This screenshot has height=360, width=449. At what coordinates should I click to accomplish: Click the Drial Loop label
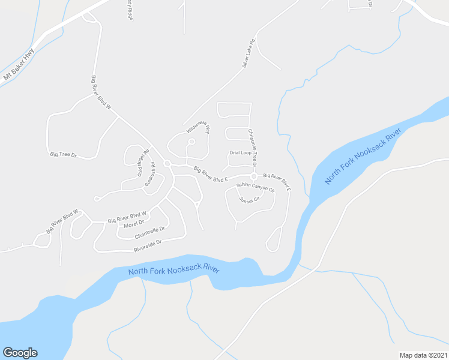tap(240, 153)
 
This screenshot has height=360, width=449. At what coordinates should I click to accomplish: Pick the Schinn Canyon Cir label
tap(255, 187)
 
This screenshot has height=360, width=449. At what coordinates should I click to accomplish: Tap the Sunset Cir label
tap(249, 199)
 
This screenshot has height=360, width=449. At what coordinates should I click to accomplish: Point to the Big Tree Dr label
tap(64, 155)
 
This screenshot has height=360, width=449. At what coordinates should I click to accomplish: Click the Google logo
tap(20, 353)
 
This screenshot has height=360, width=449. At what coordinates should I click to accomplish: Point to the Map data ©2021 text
tap(423, 355)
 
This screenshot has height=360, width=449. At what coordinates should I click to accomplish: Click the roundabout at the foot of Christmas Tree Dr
tap(254, 176)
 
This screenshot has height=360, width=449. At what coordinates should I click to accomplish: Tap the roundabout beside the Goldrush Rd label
tap(167, 164)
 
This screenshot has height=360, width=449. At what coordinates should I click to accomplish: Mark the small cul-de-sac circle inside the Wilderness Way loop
tap(191, 142)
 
